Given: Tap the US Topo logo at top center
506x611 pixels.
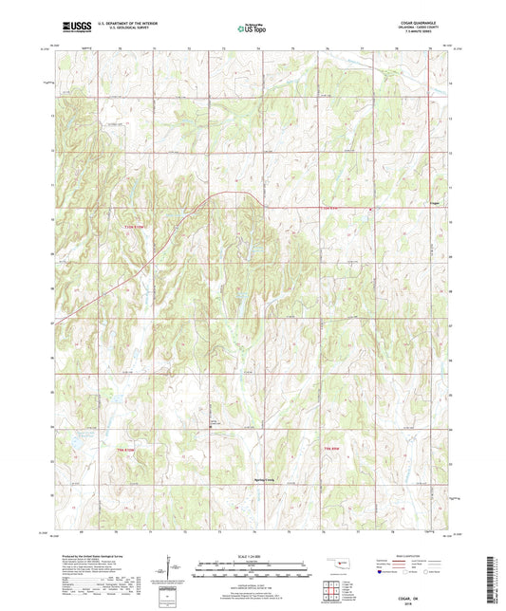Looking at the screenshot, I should (251, 29).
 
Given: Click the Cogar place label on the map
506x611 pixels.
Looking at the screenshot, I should (434, 203).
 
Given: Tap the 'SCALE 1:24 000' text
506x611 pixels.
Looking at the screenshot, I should (252, 555).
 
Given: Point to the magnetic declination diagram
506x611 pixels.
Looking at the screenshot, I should (171, 572).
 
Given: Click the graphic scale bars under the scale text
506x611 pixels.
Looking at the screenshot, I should (252, 570).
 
